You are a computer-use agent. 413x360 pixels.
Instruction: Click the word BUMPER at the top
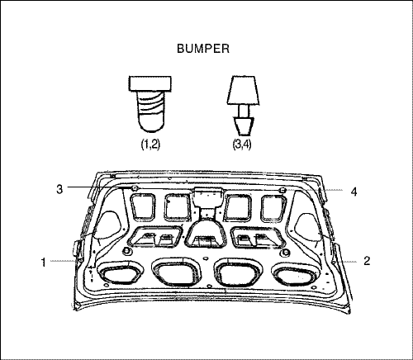[x=203, y=49]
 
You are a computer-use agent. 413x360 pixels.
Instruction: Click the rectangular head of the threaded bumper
[x=150, y=83]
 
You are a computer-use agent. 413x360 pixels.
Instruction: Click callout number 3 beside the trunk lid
[x=59, y=189]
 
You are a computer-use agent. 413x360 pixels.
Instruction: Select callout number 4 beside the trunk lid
[x=354, y=192]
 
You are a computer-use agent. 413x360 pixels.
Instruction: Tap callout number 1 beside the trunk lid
[x=43, y=263]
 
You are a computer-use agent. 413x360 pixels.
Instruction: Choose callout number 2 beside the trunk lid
[x=367, y=261]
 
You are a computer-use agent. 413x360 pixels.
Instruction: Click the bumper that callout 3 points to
[x=135, y=188]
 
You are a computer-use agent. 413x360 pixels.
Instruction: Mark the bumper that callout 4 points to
[x=282, y=190]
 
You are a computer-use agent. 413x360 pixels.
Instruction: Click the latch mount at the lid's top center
[x=208, y=197]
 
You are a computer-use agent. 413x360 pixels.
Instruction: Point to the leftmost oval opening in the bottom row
[x=121, y=272]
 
